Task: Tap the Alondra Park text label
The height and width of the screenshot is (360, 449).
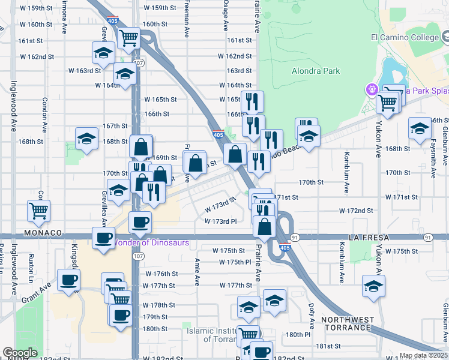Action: point(316,71)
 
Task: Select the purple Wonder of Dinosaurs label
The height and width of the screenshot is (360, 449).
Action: point(151,243)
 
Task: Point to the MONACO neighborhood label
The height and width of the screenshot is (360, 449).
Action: point(43,232)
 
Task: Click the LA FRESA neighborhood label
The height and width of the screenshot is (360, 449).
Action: point(369,238)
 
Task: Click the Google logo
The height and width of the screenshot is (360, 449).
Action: point(20,353)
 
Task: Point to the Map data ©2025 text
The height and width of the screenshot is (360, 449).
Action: point(424,355)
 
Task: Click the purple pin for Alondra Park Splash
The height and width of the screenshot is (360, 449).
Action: point(372,90)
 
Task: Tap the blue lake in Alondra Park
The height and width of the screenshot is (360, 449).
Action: point(390,75)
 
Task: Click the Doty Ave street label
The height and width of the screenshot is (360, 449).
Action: point(311,316)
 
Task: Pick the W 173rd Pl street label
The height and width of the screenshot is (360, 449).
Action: point(223,221)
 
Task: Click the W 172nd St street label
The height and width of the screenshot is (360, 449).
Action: point(356,211)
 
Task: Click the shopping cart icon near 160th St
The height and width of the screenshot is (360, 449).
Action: point(130,38)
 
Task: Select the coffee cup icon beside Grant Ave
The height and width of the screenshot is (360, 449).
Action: point(68,280)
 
